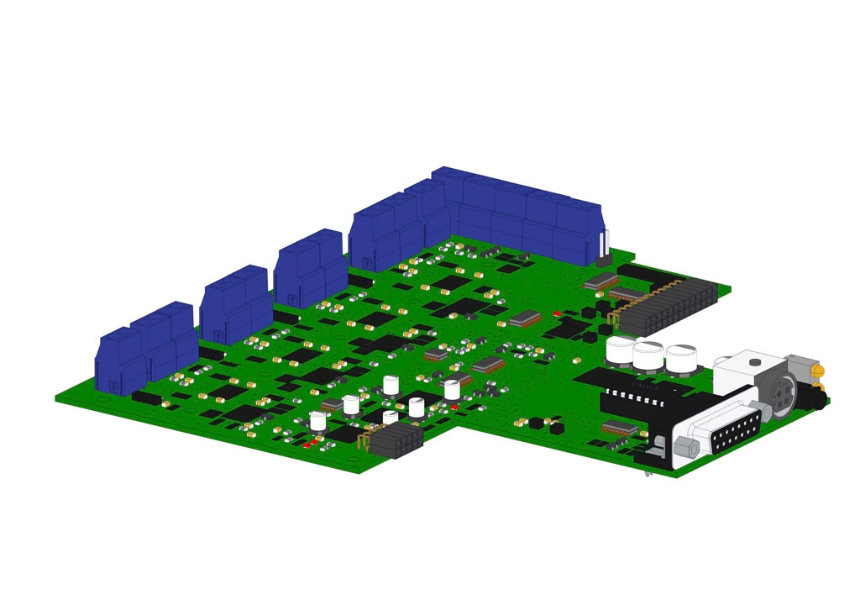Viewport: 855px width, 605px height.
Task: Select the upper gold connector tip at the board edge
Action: (816, 370)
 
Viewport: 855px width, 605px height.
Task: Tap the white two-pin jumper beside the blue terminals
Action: (603, 249)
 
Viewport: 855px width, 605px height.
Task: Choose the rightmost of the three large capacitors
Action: (681, 359)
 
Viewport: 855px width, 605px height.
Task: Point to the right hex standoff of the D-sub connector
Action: (763, 409)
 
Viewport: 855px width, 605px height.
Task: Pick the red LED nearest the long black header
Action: (557, 313)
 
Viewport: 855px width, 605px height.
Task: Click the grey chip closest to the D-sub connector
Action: (620, 428)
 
